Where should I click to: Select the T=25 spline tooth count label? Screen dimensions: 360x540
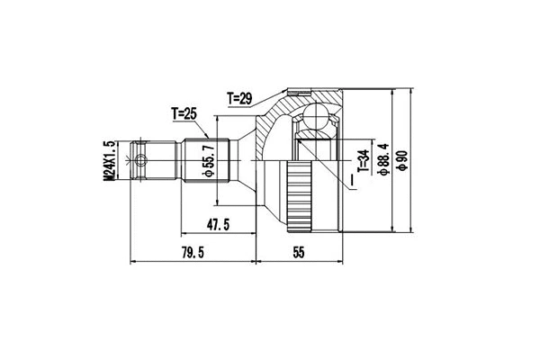[184, 113]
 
